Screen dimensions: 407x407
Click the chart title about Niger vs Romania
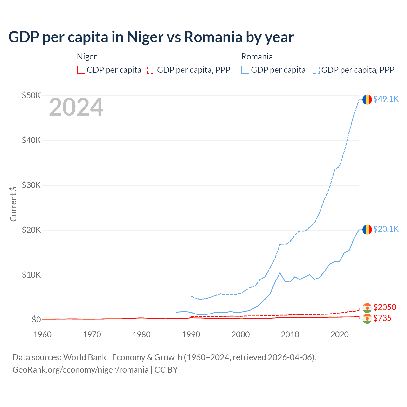151,37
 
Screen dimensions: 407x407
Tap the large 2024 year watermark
76,107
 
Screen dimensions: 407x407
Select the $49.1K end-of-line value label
386,99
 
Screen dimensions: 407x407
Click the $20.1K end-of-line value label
386,229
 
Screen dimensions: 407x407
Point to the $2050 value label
385,307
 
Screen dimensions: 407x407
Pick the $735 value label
382,318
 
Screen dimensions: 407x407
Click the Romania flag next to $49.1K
367,99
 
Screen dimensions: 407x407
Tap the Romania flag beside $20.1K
367,229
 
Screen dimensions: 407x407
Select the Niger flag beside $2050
367,308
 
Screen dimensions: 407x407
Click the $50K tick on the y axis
31,95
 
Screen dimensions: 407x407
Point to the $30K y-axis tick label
31,185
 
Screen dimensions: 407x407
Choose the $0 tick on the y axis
36,320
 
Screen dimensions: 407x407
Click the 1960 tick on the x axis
42,335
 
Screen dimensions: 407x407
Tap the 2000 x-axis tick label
240,335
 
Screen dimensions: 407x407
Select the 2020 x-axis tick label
340,335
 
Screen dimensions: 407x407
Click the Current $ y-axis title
13,204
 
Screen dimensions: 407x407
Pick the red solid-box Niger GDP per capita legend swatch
81,70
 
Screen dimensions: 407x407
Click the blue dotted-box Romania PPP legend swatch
316,70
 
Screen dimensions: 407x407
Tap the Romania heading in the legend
257,57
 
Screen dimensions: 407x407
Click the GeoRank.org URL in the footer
80,370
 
